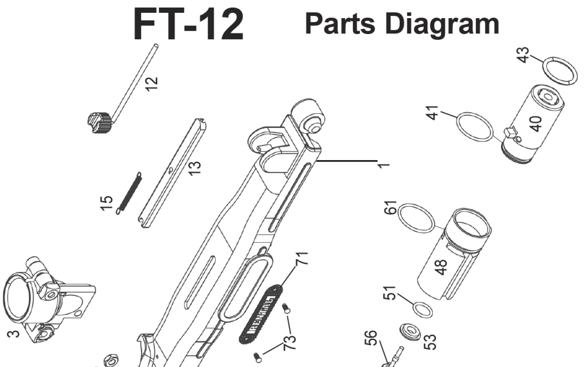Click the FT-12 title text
pyautogui.click(x=188, y=24)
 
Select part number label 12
pyautogui.click(x=151, y=84)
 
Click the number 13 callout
pyautogui.click(x=195, y=168)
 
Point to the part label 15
pyautogui.click(x=106, y=204)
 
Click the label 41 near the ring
pyautogui.click(x=433, y=113)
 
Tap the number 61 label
pyautogui.click(x=391, y=209)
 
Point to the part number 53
pyautogui.click(x=430, y=342)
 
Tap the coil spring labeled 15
pyautogui.click(x=130, y=192)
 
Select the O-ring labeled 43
pyautogui.click(x=558, y=71)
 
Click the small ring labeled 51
pyautogui.click(x=422, y=309)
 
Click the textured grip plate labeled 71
pyautogui.click(x=262, y=312)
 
